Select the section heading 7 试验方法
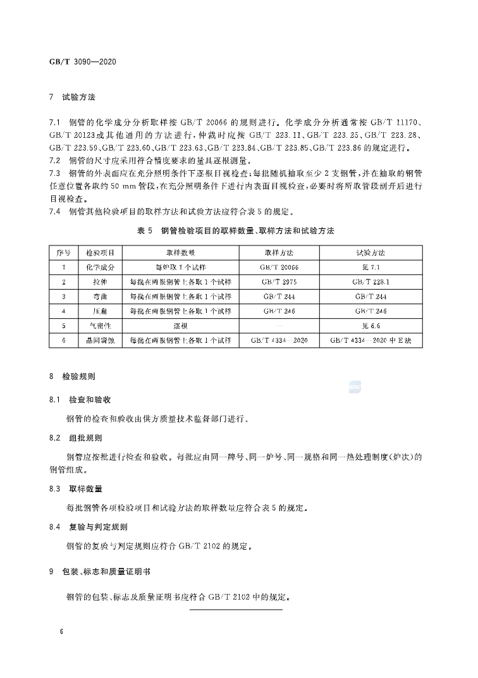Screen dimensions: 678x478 (x=72, y=98)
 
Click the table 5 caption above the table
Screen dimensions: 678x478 (x=236, y=231)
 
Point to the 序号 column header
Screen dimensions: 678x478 (x=64, y=252)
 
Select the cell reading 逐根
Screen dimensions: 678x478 (x=181, y=326)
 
